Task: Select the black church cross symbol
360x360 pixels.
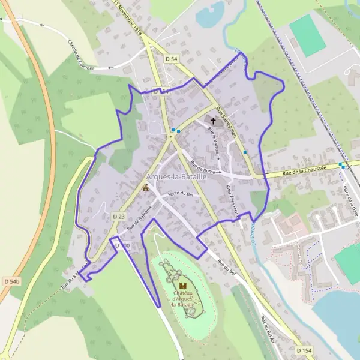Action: [213, 122]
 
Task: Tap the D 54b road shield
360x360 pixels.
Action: [11, 281]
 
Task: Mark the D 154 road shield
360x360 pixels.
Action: [305, 350]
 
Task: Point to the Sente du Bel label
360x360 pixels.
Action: [180, 196]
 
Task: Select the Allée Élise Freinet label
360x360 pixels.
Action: [232, 201]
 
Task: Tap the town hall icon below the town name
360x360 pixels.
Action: [145, 188]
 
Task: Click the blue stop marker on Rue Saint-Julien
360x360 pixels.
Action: [245, 152]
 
